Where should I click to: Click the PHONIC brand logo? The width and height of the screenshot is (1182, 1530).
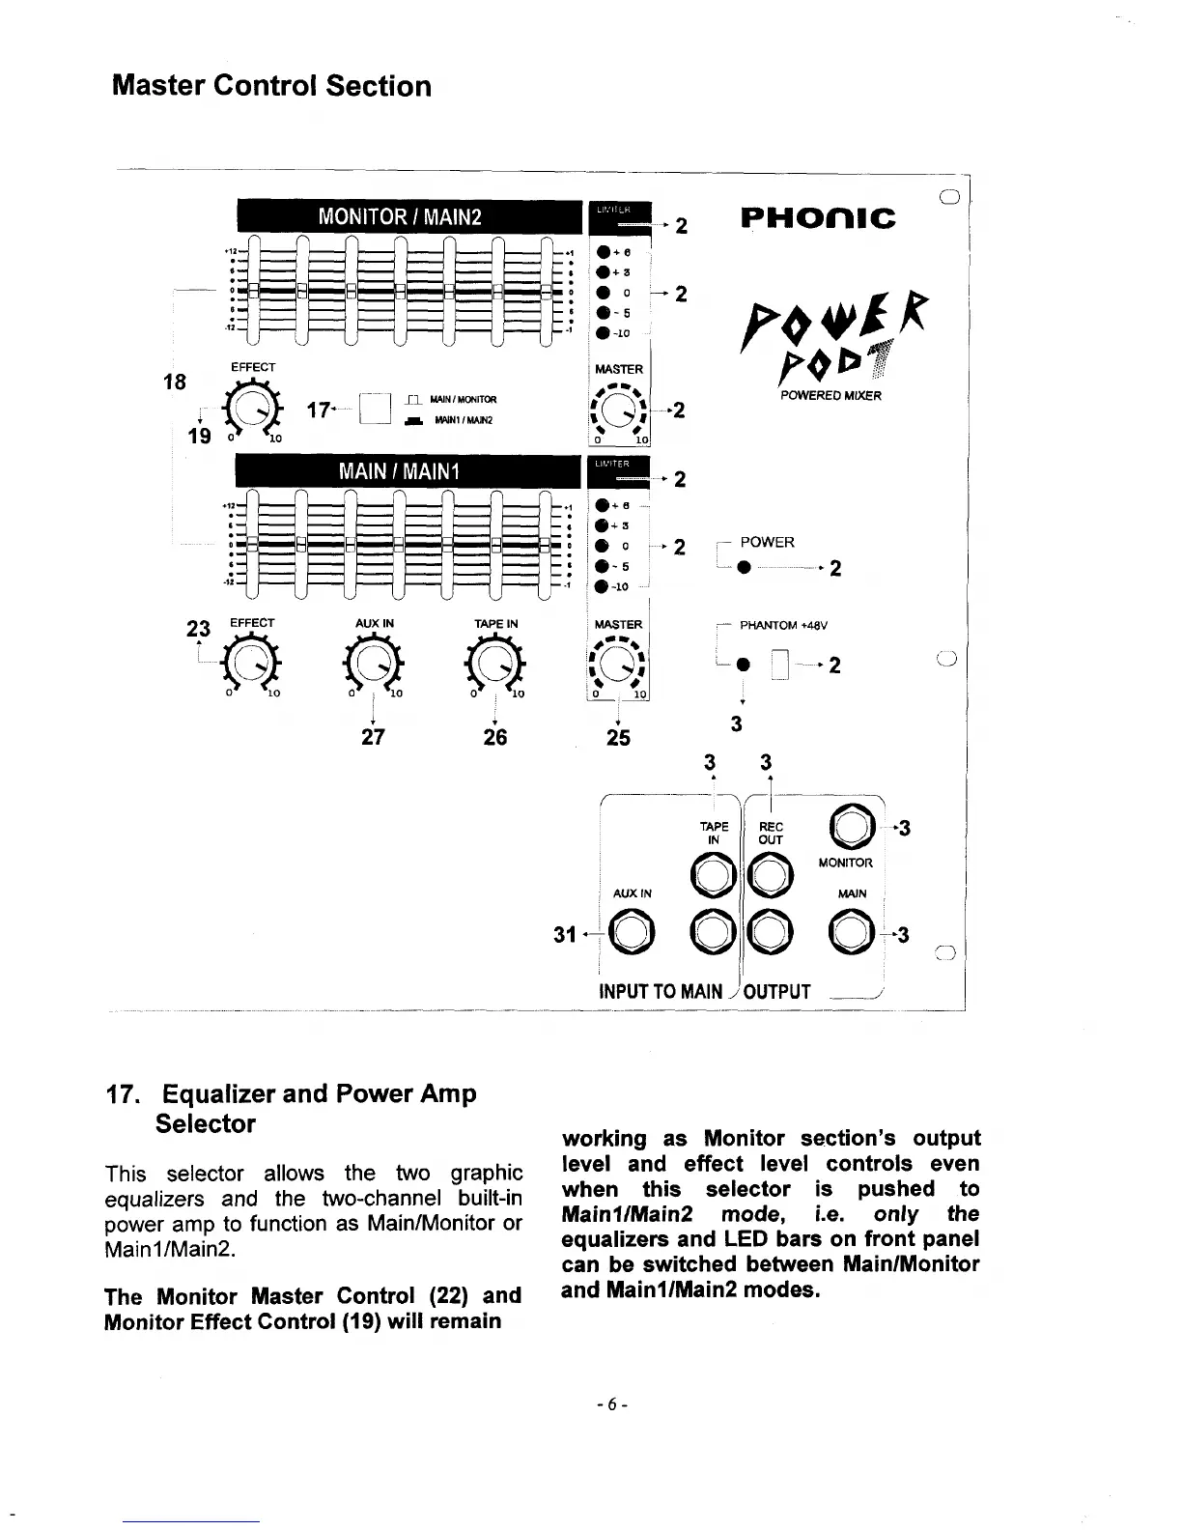pyautogui.click(x=818, y=217)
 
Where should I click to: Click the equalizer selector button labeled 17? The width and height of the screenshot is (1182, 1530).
pyautogui.click(x=373, y=410)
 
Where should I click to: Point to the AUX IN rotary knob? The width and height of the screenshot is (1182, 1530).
pyautogui.click(x=373, y=663)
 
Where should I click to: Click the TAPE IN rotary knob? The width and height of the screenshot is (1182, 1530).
pyautogui.click(x=495, y=663)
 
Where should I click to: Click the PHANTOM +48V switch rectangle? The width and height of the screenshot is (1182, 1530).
pyautogui.click(x=781, y=666)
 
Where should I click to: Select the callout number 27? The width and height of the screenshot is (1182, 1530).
pyautogui.click(x=373, y=738)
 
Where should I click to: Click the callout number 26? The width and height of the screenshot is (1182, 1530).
pyautogui.click(x=495, y=738)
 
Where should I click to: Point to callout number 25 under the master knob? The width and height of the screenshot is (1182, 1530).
pyautogui.click(x=617, y=738)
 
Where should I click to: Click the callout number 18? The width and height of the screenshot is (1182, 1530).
pyautogui.click(x=174, y=381)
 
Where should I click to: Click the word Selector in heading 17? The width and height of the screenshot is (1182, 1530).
pyautogui.click(x=205, y=1124)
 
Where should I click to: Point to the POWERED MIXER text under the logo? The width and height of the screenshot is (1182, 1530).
pyautogui.click(x=830, y=395)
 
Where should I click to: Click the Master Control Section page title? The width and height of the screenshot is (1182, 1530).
pyautogui.click(x=271, y=86)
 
